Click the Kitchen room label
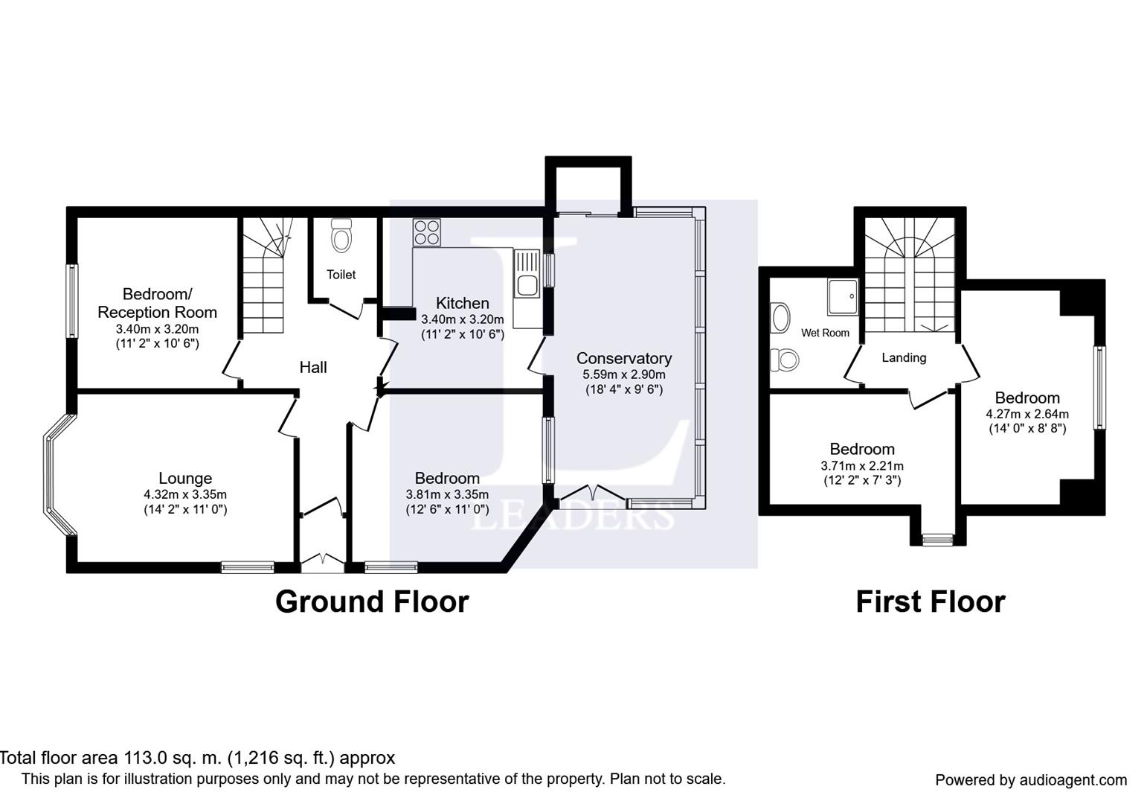click(462, 303)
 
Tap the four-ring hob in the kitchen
click(426, 232)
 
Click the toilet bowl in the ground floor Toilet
click(341, 236)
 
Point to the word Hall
click(313, 367)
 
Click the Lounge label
click(185, 478)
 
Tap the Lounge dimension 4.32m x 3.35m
click(185, 494)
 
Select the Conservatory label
click(623, 358)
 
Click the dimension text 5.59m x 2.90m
click(623, 374)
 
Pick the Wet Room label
click(825, 333)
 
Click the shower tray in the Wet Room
click(842, 297)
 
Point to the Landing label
click(904, 357)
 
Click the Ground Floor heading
click(372, 602)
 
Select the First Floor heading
click(931, 602)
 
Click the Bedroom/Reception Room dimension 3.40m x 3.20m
click(157, 329)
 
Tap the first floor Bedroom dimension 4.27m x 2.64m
click(1027, 413)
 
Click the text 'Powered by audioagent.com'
click(1031, 780)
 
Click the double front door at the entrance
click(323, 561)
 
